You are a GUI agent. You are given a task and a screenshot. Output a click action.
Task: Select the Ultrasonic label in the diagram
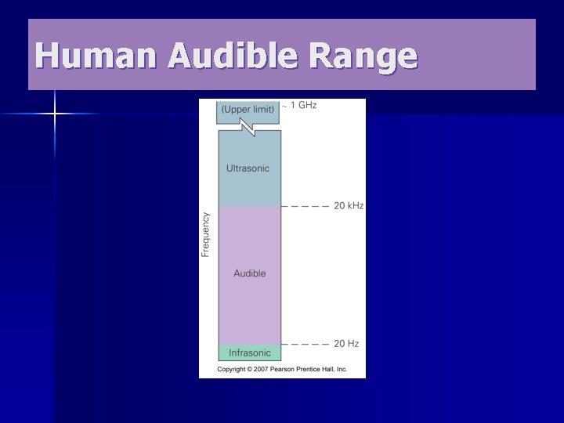coord(248,168)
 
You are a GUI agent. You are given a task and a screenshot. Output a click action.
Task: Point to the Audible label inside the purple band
coord(249,273)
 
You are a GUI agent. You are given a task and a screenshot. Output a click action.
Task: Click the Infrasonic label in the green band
coord(249,352)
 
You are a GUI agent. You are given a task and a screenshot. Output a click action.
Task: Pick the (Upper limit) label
coord(248,110)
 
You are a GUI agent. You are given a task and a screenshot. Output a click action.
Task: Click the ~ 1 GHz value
coord(302,105)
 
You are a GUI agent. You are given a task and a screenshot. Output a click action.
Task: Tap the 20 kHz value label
coord(349,206)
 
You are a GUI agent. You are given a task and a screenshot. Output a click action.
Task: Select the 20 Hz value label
coord(345,344)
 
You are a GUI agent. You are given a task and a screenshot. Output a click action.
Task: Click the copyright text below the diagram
coord(281,369)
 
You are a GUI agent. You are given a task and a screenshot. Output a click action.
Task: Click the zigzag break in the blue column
coord(249,127)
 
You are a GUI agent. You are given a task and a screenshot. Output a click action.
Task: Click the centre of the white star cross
coord(55,114)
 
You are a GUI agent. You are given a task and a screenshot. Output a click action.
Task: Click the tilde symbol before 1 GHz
coord(284,106)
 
